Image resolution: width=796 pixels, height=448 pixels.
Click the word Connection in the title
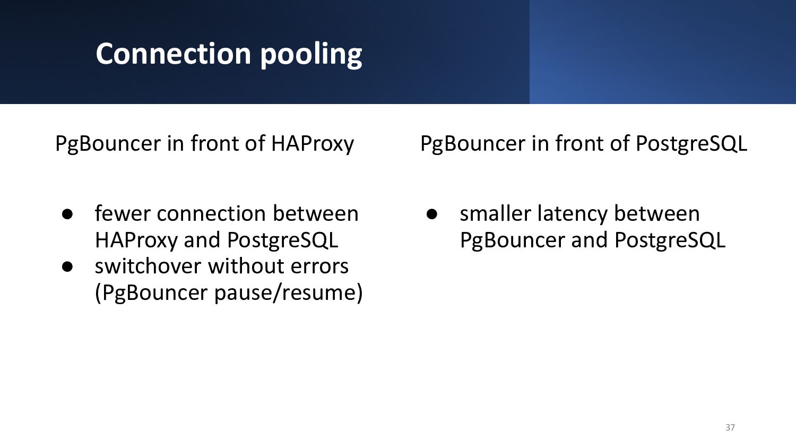[x=174, y=54]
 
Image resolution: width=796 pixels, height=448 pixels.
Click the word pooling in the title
[x=312, y=55]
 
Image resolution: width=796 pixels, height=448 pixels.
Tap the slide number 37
[x=730, y=427]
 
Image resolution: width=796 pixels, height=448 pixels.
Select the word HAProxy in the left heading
[x=313, y=144]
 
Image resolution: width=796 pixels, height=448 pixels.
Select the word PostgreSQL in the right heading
[x=691, y=144]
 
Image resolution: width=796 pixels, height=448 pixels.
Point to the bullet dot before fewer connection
[x=67, y=214]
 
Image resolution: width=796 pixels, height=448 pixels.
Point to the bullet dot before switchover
[x=67, y=266]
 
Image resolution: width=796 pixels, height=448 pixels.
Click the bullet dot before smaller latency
[x=432, y=214]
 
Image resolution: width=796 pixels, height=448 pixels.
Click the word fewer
[x=123, y=213]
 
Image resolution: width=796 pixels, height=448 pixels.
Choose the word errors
[x=319, y=266]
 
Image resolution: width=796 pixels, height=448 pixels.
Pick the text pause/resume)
[x=288, y=293]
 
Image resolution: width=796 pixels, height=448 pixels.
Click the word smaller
[x=495, y=213]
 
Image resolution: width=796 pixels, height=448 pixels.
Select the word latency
[x=573, y=215]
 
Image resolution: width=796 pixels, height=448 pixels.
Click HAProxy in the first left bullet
[x=136, y=241]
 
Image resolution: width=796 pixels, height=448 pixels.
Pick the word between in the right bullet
[x=657, y=213]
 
